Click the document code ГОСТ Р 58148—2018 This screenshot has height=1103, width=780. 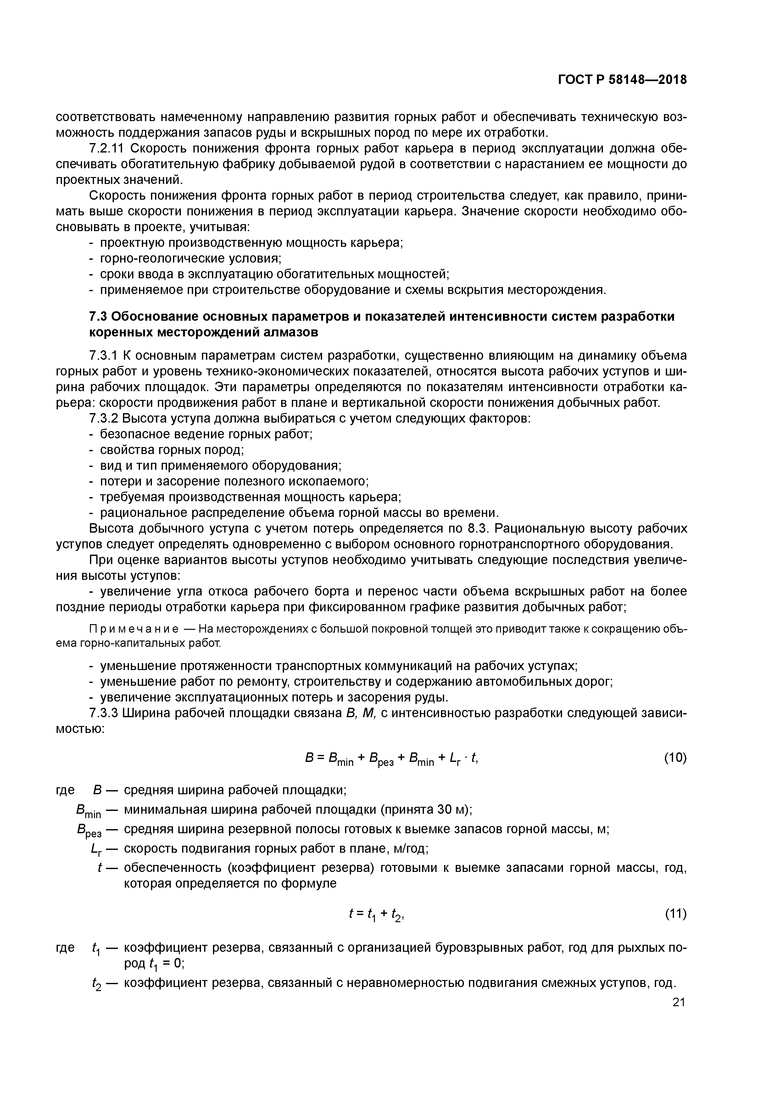(x=622, y=80)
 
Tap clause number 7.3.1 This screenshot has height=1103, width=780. (x=103, y=356)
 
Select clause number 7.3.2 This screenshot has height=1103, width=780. (x=103, y=418)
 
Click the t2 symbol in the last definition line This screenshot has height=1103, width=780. (x=96, y=984)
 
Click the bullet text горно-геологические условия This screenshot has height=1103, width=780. (x=190, y=258)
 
